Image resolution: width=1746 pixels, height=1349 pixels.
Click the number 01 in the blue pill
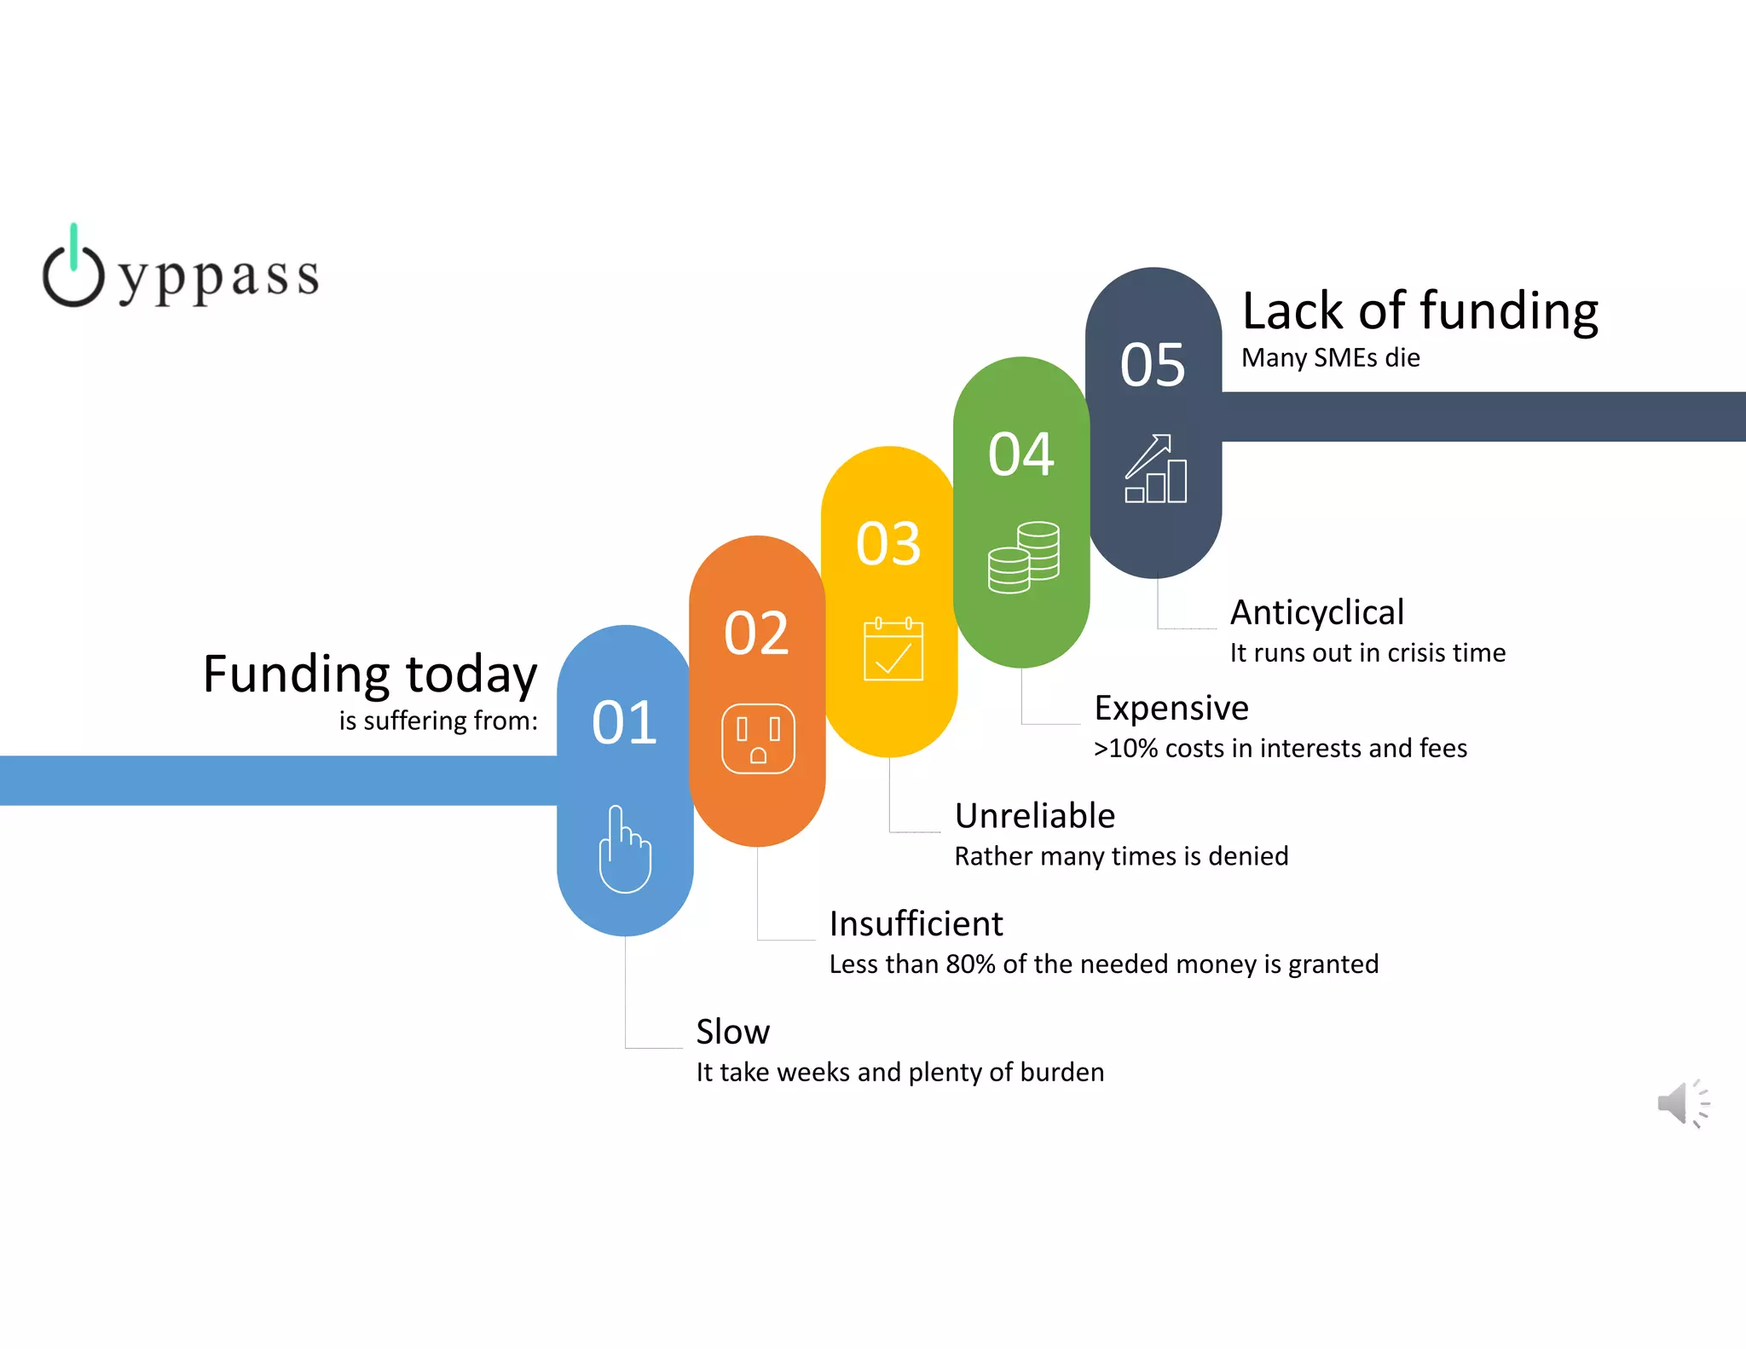pyautogui.click(x=624, y=722)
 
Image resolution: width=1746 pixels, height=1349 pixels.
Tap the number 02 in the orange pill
pyautogui.click(x=756, y=633)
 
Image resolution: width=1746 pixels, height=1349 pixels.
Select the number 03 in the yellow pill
pyautogui.click(x=888, y=543)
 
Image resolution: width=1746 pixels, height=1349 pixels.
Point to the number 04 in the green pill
pyautogui.click(x=1020, y=454)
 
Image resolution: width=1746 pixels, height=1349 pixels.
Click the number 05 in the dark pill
pyautogui.click(x=1153, y=365)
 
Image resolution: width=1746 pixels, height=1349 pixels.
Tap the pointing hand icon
pyautogui.click(x=625, y=849)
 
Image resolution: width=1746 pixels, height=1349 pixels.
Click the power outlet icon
pyautogui.click(x=758, y=738)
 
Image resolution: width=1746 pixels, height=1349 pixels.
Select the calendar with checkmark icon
pyautogui.click(x=893, y=650)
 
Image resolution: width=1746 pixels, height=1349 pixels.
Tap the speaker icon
pyautogui.click(x=1682, y=1103)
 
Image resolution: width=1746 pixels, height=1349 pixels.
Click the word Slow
pyautogui.click(x=732, y=1032)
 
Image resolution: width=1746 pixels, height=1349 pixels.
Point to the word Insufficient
pyautogui.click(x=916, y=923)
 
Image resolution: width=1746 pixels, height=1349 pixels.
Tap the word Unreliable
pyautogui.click(x=1034, y=816)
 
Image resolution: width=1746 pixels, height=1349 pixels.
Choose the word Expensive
pyautogui.click(x=1171, y=708)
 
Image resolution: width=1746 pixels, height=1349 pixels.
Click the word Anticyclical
pyautogui.click(x=1316, y=612)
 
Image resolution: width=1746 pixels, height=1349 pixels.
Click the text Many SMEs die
pyautogui.click(x=1330, y=357)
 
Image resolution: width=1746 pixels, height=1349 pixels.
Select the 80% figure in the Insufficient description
pyautogui.click(x=970, y=964)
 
